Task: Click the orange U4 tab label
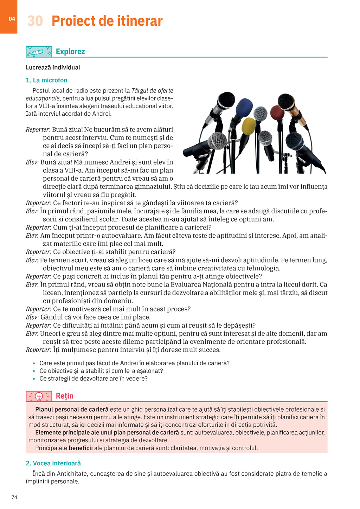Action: [12, 19]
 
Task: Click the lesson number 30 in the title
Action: [35, 21]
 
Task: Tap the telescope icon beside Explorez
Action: [39, 52]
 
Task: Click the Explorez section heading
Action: [70, 52]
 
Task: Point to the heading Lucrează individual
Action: [53, 67]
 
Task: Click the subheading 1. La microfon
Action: [46, 80]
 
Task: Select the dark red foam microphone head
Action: [278, 113]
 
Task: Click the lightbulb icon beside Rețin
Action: [39, 397]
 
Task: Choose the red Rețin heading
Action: [65, 396]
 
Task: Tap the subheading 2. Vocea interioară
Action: [53, 463]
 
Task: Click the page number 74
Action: [14, 497]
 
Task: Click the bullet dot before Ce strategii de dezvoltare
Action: [34, 379]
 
